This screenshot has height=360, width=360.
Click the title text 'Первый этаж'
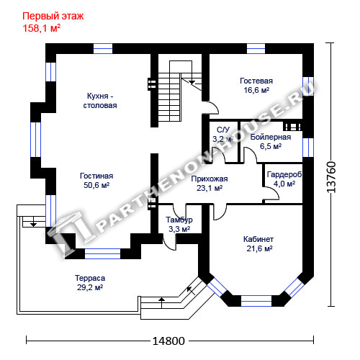53,17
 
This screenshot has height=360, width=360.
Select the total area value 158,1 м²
41,28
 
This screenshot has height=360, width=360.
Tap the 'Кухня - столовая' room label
100,101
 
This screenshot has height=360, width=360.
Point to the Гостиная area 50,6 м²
96,185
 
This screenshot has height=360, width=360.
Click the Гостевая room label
256,81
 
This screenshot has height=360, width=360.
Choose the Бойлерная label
271,137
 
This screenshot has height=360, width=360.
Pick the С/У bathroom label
223,130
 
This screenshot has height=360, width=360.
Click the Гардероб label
284,174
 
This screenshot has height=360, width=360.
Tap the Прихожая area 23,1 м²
210,188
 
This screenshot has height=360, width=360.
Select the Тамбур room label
179,220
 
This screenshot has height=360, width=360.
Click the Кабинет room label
258,239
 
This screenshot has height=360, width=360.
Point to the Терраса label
90,278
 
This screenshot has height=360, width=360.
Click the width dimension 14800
168,341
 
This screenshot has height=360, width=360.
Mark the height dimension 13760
331,177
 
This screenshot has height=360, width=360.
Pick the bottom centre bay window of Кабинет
256,301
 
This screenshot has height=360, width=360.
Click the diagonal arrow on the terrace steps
191,291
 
